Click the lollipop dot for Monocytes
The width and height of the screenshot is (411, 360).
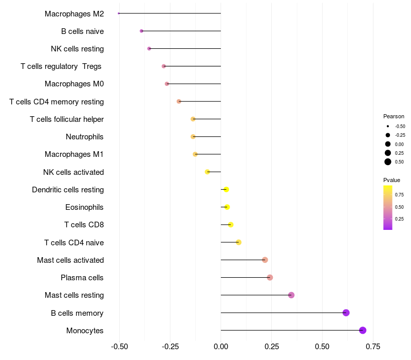coord(363,330)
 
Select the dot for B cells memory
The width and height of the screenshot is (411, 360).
coord(346,313)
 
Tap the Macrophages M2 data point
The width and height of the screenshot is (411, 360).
coord(119,13)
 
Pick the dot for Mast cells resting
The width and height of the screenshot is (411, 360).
coord(291,295)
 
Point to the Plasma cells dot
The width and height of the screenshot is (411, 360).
coord(270,278)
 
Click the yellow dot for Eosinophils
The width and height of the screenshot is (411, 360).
coord(227,207)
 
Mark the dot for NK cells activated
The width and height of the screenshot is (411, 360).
coord(208,172)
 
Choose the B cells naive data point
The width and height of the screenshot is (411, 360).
coord(141,31)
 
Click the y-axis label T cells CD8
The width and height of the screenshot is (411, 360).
coord(84,225)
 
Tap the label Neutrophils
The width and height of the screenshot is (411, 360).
coord(85,137)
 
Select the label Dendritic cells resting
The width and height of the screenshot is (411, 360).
coord(68,190)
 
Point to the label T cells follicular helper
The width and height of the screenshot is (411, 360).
coord(67,119)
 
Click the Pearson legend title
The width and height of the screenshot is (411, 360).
coord(394,116)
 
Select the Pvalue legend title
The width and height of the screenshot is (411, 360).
coord(391,180)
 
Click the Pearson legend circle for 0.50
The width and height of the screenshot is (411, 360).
coord(388,162)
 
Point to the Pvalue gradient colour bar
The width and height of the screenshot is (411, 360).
coord(388,207)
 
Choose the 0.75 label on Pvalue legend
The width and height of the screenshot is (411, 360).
coord(399,195)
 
